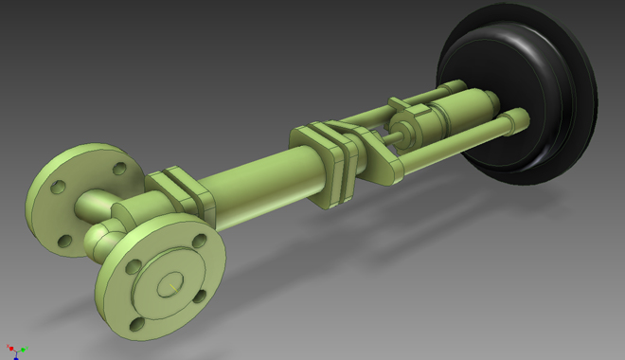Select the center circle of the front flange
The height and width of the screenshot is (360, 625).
[x=170, y=281]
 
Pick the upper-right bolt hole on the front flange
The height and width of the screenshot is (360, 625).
[x=198, y=242]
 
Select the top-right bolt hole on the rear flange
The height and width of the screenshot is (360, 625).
[x=117, y=170]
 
